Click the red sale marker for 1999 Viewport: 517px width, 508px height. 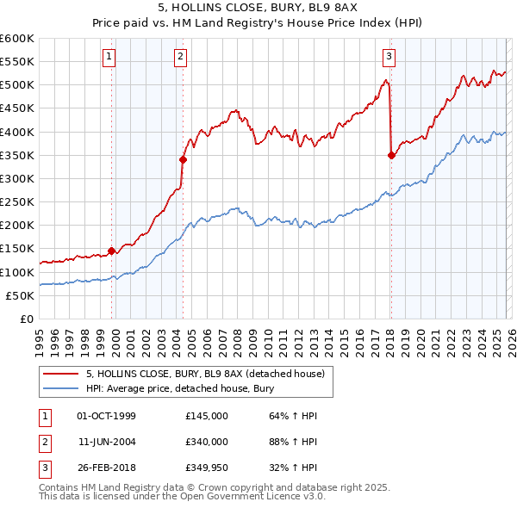(x=111, y=251)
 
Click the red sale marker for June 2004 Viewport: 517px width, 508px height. (x=183, y=159)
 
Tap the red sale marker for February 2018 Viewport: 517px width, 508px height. (x=391, y=155)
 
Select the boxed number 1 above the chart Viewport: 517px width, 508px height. (x=110, y=58)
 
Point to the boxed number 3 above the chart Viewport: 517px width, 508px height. (x=389, y=58)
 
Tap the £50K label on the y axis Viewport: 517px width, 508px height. (x=20, y=295)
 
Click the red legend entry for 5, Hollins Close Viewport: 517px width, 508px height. (x=205, y=374)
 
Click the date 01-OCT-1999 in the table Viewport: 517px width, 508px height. (x=106, y=416)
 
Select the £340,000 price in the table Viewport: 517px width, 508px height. (x=207, y=441)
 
